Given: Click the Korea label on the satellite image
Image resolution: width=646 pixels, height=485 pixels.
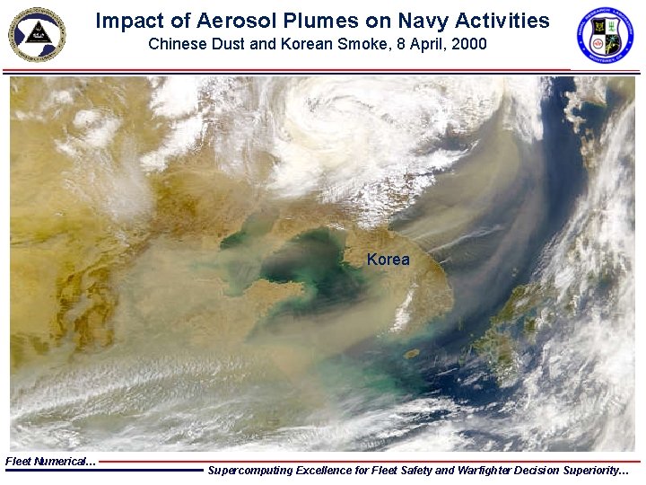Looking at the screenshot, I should pyautogui.click(x=388, y=260).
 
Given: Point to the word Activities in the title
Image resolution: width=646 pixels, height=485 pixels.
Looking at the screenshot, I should pyautogui.click(x=496, y=20).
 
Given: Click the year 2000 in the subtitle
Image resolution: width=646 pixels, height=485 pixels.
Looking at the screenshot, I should pyautogui.click(x=469, y=43).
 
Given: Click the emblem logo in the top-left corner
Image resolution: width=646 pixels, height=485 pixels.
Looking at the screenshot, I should pyautogui.click(x=37, y=33).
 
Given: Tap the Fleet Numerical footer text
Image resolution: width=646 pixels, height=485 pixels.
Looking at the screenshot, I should pyautogui.click(x=50, y=461).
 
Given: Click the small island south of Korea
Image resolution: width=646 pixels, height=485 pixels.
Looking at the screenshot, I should pyautogui.click(x=412, y=353).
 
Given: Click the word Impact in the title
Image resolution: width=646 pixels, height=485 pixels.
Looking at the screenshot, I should pyautogui.click(x=124, y=20).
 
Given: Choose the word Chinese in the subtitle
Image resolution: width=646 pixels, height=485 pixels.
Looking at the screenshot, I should pyautogui.click(x=175, y=43).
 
